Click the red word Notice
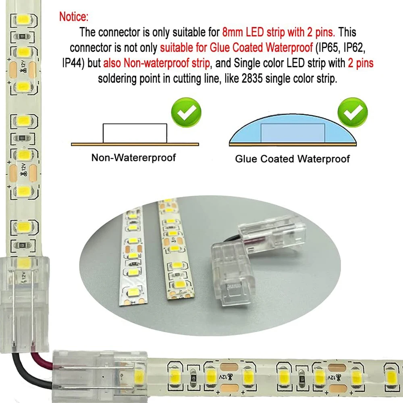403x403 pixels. tap(73, 17)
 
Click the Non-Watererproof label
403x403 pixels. tap(133, 158)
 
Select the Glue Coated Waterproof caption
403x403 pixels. tap(292, 159)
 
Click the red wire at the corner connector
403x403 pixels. tap(38, 356)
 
